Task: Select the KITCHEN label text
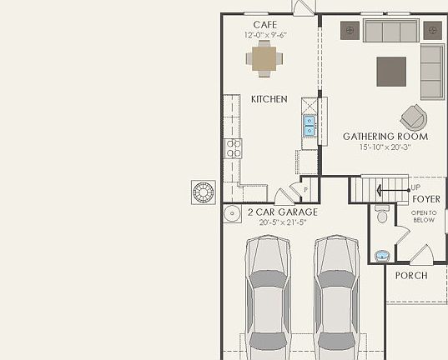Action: (269, 99)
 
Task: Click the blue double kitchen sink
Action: (309, 126)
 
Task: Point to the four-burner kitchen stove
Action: (233, 149)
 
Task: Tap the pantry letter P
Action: (306, 190)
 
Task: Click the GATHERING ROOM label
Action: (385, 137)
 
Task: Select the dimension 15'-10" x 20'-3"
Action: (385, 147)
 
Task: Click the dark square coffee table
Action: (391, 71)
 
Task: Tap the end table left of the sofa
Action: (350, 30)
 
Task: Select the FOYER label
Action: (426, 200)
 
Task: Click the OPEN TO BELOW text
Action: (424, 216)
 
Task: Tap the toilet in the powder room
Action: (381, 214)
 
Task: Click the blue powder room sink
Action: (381, 254)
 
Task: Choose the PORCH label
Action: (410, 276)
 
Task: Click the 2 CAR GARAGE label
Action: (283, 212)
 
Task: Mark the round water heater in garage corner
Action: (231, 214)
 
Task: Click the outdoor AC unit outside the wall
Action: (204, 192)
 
